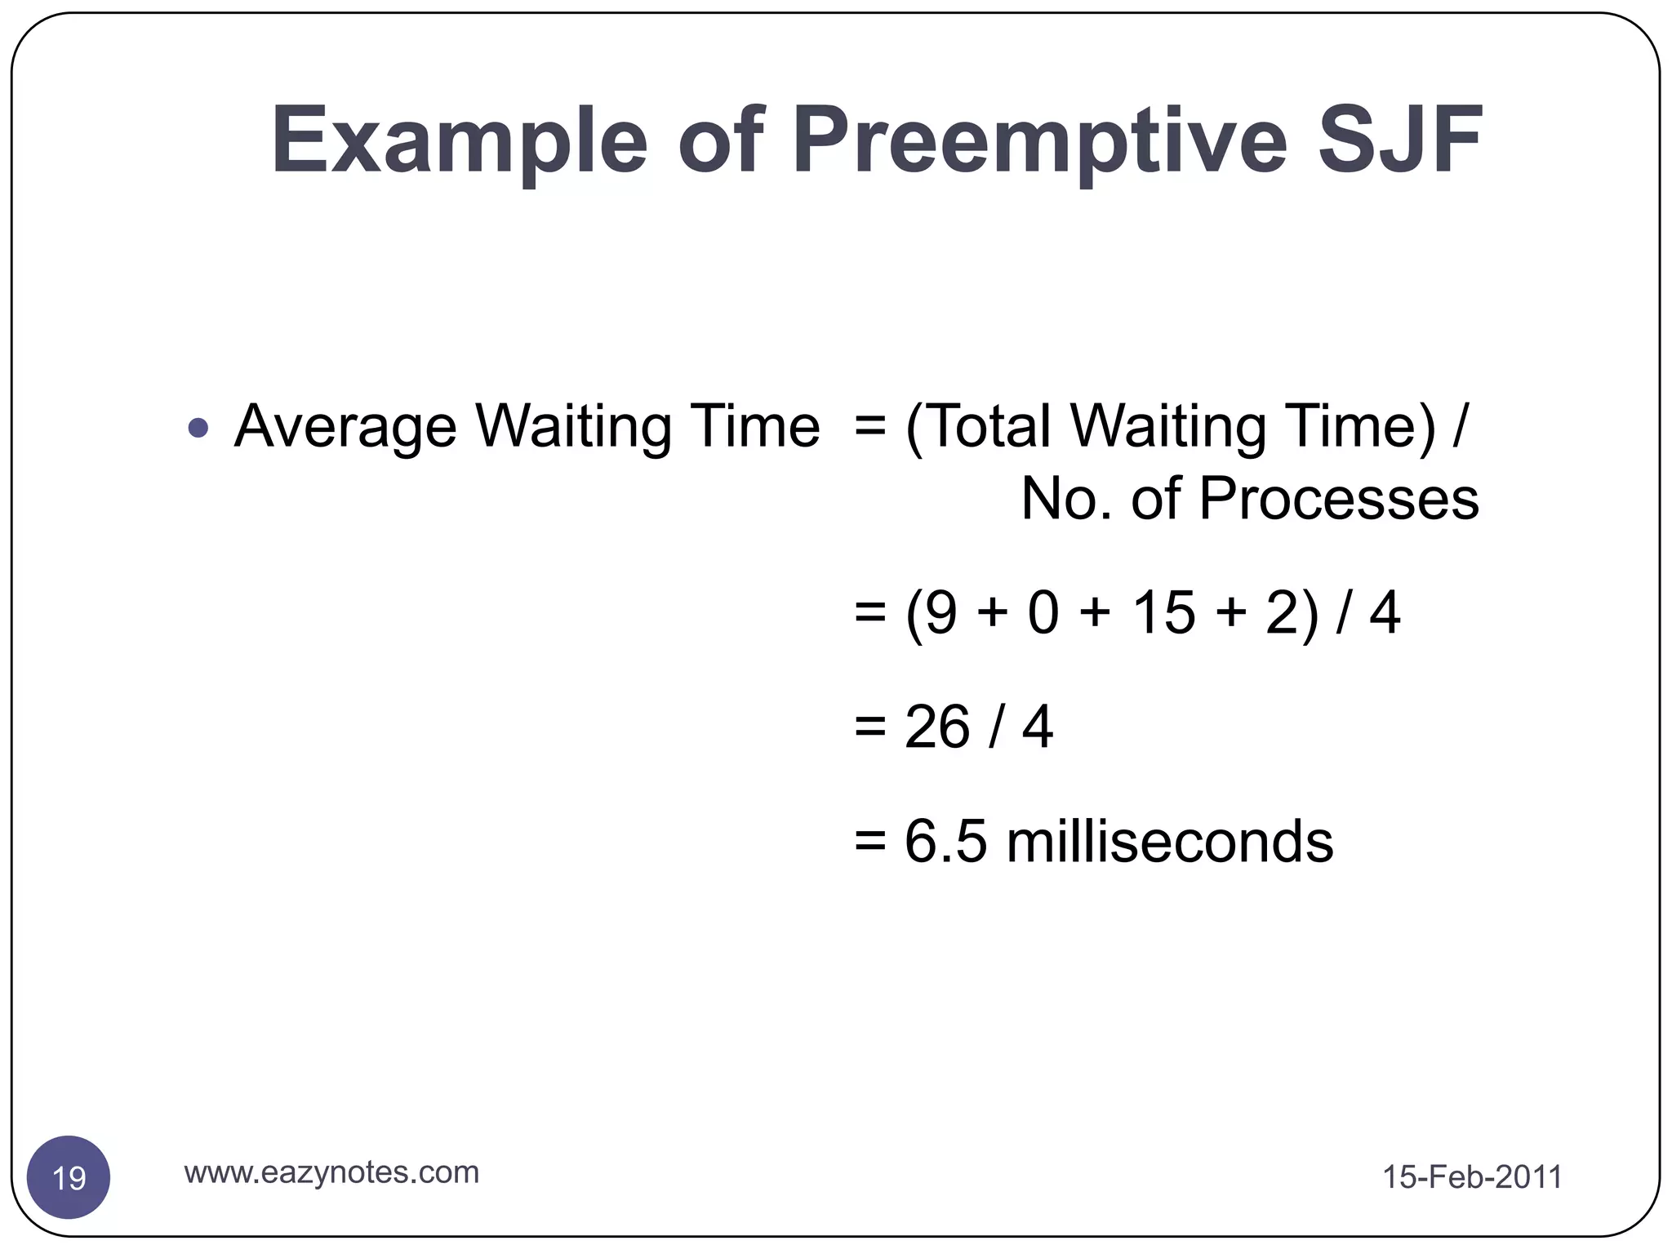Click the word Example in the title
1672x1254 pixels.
(x=459, y=141)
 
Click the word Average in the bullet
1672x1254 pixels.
(x=345, y=427)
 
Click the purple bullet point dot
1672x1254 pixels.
(x=198, y=428)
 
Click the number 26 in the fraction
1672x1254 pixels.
(x=937, y=727)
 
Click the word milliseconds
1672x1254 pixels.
(x=1169, y=842)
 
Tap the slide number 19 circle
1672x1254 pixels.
(x=69, y=1177)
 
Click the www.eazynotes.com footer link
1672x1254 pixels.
(x=331, y=1172)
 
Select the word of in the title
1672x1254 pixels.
(x=720, y=141)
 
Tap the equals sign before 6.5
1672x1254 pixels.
(x=869, y=842)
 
